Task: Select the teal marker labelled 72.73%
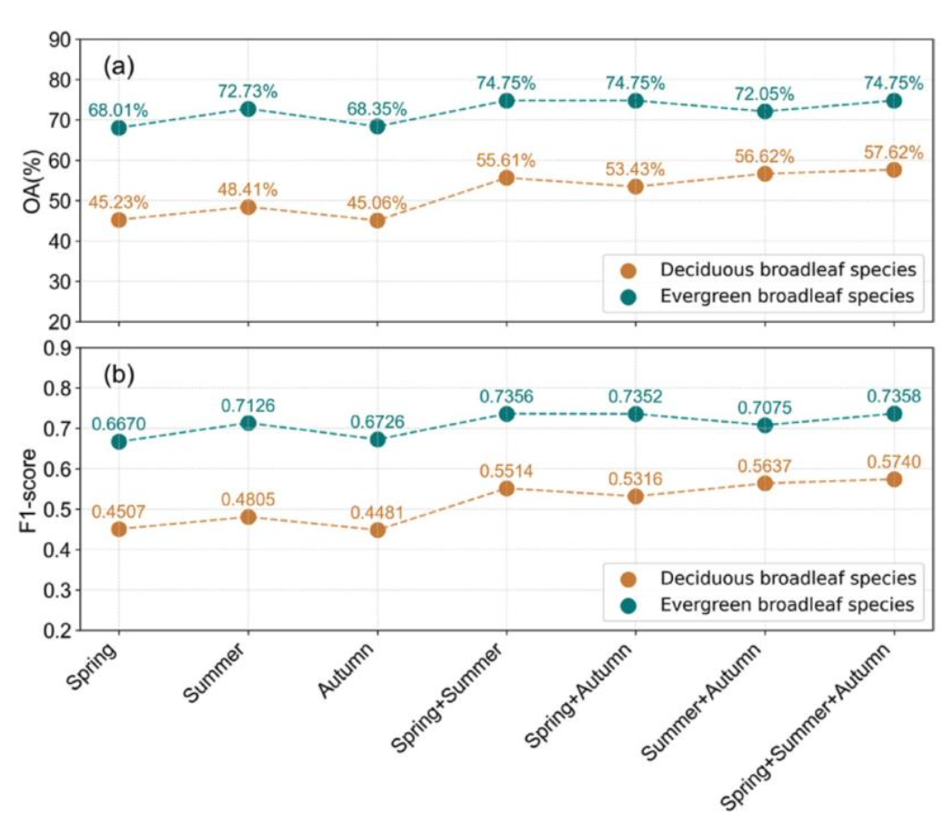(x=247, y=108)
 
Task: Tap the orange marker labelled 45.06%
(x=377, y=220)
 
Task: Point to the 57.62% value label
(x=893, y=153)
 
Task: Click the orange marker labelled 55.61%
(x=506, y=177)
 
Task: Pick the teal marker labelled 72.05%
(x=764, y=111)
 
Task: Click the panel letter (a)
(x=119, y=65)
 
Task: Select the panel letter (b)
(x=119, y=373)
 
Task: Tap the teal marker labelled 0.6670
(x=118, y=441)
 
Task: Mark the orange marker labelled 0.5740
(x=893, y=479)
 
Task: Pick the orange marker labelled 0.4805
(x=247, y=517)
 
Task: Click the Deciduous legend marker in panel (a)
(x=628, y=269)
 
